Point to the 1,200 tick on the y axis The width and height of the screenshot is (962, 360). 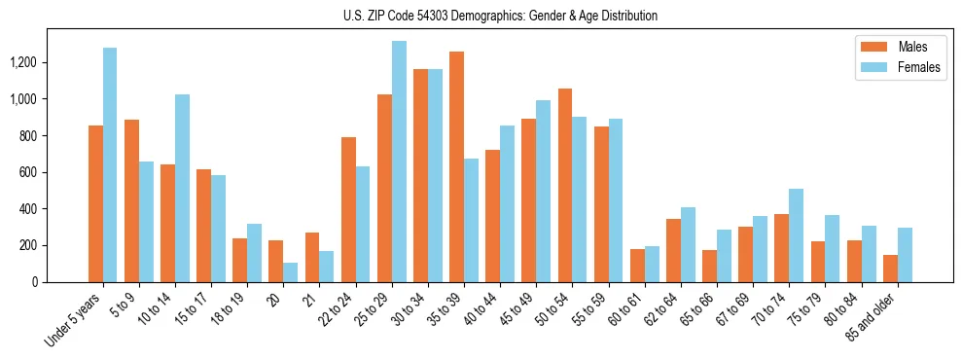23,62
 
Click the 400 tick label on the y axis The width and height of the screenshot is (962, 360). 28,209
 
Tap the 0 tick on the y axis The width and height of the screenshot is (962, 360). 35,282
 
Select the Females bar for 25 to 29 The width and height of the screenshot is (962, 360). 399,162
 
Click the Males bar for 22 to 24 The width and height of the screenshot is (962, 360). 348,209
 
